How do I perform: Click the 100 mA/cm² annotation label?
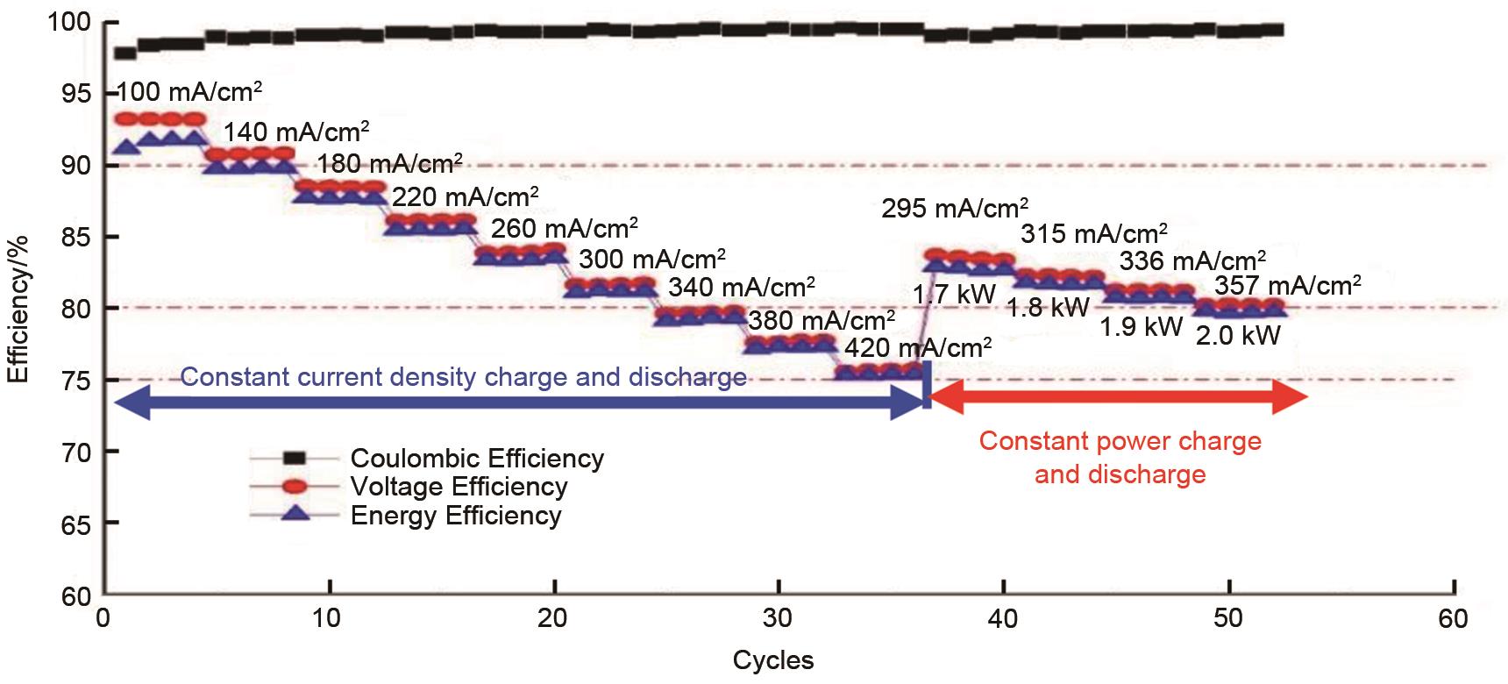[189, 92]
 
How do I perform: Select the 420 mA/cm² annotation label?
[918, 348]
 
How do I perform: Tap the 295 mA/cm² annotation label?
[955, 209]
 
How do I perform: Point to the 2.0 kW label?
[1238, 334]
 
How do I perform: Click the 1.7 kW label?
[954, 295]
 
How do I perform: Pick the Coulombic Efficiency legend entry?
[476, 459]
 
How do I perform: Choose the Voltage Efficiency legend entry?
[459, 487]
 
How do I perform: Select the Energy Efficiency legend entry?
[455, 516]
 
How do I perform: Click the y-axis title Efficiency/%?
[18, 309]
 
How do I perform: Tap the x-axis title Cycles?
[773, 660]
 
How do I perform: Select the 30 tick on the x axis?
[778, 619]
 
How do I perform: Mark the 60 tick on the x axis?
[1453, 619]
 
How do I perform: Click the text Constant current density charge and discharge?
[463, 377]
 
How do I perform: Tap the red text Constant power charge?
[1120, 441]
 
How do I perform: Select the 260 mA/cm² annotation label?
[564, 229]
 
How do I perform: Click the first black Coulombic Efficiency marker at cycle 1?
[125, 53]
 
